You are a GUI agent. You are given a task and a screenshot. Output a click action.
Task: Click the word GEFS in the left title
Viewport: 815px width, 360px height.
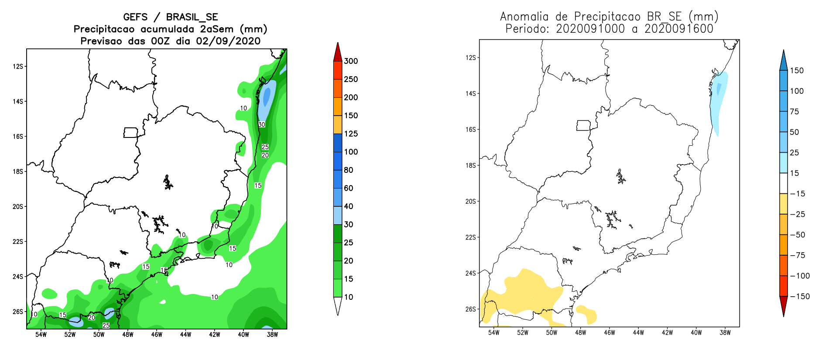135,17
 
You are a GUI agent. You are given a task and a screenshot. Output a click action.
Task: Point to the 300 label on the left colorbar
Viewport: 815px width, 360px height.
351,61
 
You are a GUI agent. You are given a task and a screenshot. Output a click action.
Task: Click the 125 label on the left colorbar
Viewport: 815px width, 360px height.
351,134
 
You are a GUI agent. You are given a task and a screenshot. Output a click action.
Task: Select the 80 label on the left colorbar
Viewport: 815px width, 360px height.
349,170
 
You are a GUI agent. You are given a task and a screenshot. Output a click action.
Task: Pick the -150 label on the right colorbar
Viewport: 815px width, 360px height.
800,296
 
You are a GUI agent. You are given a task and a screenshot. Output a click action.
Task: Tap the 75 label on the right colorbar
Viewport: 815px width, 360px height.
794,111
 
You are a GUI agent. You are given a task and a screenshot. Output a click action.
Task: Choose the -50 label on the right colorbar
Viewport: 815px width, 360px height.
798,235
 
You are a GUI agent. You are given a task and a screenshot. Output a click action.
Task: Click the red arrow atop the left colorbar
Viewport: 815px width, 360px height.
338,52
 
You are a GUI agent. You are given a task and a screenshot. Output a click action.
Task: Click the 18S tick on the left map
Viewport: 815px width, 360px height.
18,171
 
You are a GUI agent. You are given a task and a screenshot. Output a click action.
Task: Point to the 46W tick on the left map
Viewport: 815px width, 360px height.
157,335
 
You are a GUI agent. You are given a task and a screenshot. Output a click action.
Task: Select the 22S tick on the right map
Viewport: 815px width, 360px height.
471,237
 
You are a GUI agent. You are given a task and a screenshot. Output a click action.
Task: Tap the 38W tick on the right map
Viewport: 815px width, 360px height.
725,333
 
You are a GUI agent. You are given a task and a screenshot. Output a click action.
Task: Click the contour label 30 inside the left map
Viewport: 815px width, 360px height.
262,124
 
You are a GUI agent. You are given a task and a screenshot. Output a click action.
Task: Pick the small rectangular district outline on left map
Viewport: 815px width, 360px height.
130,132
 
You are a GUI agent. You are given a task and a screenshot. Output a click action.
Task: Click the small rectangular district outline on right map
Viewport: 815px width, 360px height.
583,125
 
